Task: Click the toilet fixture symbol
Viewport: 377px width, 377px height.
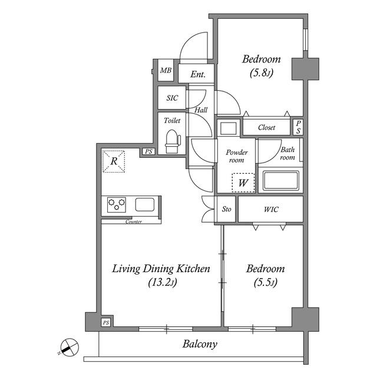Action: point(173,141)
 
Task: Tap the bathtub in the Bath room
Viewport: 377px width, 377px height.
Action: point(281,180)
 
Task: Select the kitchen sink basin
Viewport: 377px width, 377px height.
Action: point(144,204)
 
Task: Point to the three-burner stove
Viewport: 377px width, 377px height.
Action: point(117,204)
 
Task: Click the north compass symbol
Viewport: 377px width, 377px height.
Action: point(69,347)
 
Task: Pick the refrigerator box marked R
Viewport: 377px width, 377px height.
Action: point(114,161)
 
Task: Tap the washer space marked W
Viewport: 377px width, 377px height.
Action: point(243,183)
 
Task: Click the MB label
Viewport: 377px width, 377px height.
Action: point(166,71)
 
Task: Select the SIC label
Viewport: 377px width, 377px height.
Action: point(172,98)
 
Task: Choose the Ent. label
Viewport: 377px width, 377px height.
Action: point(198,74)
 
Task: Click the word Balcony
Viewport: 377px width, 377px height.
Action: point(200,344)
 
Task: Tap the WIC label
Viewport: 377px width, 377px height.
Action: point(271,210)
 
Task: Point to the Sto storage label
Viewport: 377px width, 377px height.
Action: point(226,209)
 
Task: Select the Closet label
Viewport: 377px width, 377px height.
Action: point(267,127)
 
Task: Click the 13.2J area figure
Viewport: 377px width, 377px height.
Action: point(163,282)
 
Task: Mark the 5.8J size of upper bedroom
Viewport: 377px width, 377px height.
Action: point(262,72)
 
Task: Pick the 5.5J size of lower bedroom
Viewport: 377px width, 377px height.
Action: point(266,282)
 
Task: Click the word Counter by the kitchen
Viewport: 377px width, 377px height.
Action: point(134,221)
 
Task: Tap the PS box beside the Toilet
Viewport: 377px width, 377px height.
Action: point(148,151)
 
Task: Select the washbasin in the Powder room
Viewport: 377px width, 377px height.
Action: point(229,128)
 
